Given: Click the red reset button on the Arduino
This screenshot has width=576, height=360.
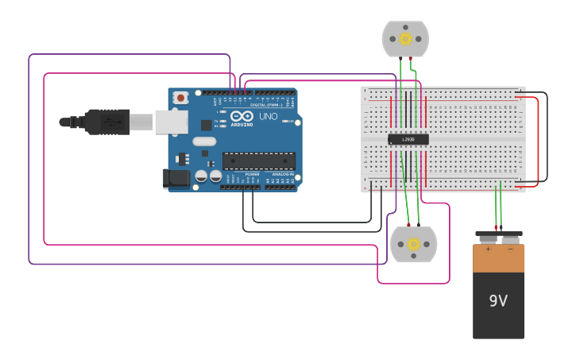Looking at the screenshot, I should pyautogui.click(x=181, y=98).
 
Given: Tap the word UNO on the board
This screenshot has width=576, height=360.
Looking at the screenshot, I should pyautogui.click(x=268, y=116).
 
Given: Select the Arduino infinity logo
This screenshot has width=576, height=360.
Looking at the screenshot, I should pyautogui.click(x=242, y=116).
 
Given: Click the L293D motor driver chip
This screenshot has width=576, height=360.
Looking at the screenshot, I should pyautogui.click(x=408, y=139).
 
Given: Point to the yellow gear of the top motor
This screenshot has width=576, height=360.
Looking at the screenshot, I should pyautogui.click(x=405, y=38).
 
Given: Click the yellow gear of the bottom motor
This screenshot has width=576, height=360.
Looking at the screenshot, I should pyautogui.click(x=413, y=245).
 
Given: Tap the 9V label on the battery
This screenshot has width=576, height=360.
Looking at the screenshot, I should pyautogui.click(x=498, y=301).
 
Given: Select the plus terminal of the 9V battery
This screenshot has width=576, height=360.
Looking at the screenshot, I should pyautogui.click(x=487, y=238).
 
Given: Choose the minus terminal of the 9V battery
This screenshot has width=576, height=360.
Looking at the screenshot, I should pyautogui.click(x=510, y=238).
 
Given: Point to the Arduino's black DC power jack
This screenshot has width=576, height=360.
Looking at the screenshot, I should pyautogui.click(x=177, y=179).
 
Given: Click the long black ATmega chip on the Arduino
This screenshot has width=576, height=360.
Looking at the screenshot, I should pyautogui.click(x=258, y=161).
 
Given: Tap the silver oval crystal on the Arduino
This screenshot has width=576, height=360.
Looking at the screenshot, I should pyautogui.click(x=204, y=141).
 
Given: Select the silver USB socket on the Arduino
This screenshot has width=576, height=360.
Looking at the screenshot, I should pyautogui.click(x=170, y=122).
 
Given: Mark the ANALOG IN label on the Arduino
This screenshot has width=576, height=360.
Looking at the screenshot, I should pyautogui.click(x=282, y=173).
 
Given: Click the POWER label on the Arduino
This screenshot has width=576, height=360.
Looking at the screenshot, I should pyautogui.click(x=252, y=173).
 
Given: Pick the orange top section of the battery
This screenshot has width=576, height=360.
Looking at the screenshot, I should pyautogui.click(x=498, y=257).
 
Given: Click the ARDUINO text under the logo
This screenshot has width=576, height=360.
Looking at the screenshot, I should pyautogui.click(x=242, y=125).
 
